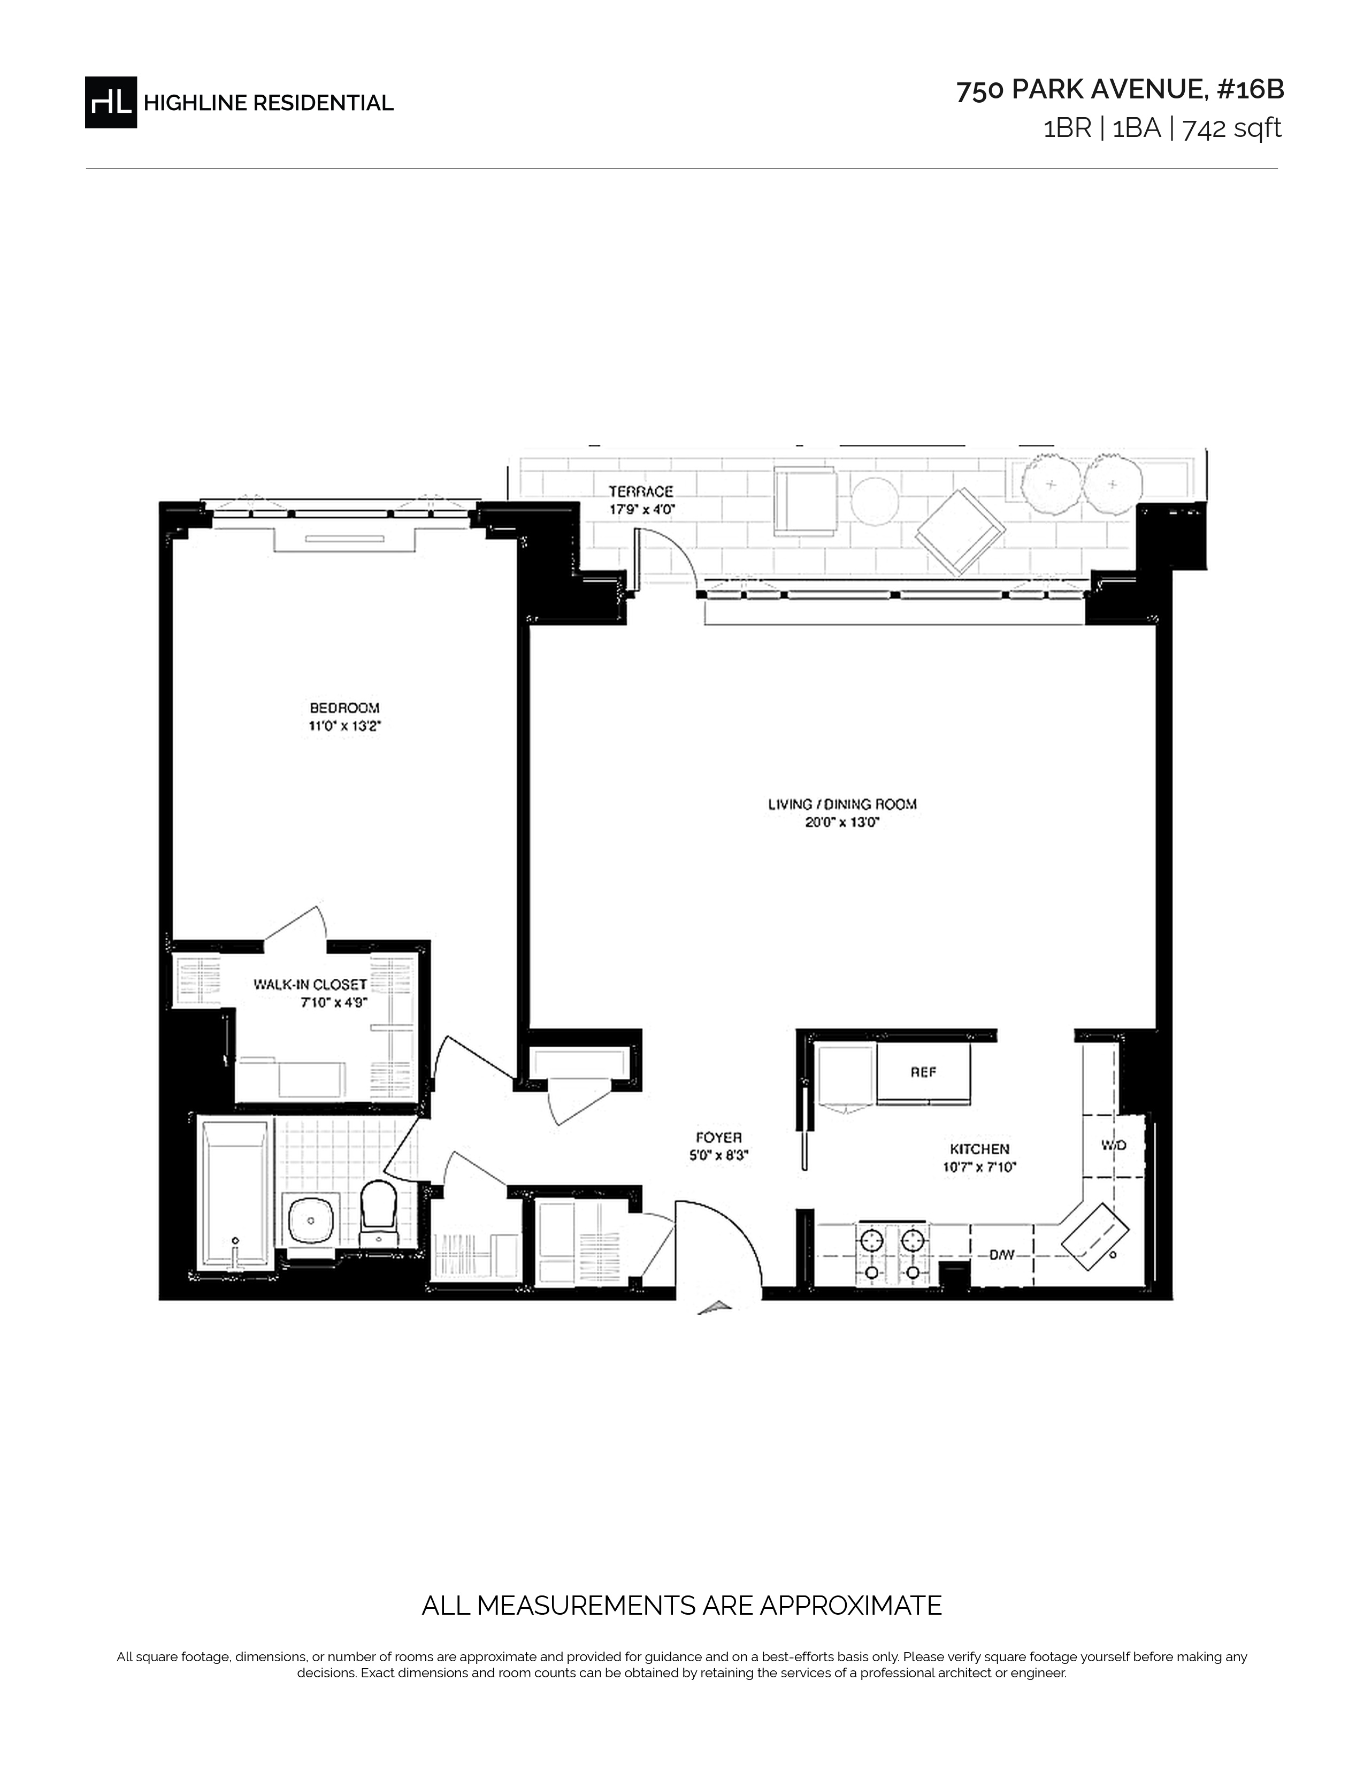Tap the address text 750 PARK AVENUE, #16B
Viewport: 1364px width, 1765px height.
[1120, 90]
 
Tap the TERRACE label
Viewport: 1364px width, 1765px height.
[641, 492]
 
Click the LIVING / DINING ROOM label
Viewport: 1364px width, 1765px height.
[842, 804]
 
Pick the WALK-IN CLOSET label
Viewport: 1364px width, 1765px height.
[310, 984]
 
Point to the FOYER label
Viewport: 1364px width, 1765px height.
[719, 1138]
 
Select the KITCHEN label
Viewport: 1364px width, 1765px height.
[979, 1149]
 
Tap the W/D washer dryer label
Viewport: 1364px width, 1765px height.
[1114, 1145]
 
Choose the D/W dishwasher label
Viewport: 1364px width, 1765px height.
[1002, 1255]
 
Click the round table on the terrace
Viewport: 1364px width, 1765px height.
[875, 503]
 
